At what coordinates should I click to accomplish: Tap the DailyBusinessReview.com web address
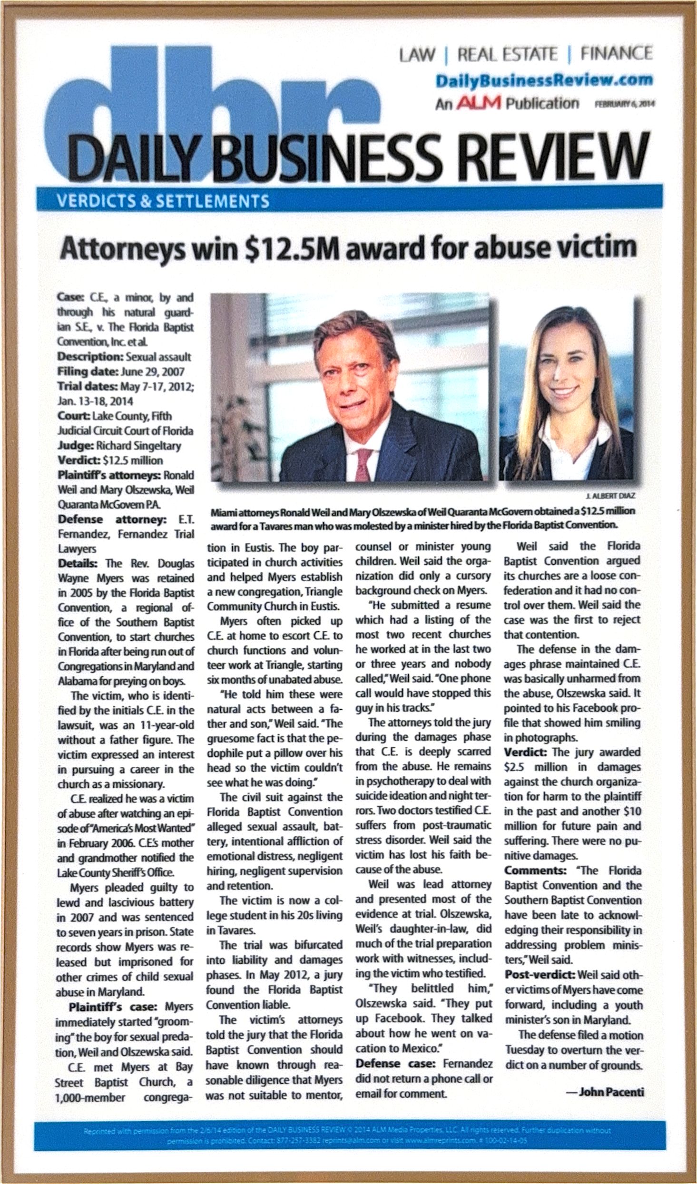point(544,81)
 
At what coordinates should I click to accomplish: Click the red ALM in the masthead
point(479,104)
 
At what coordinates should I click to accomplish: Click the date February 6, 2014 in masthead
point(624,106)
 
